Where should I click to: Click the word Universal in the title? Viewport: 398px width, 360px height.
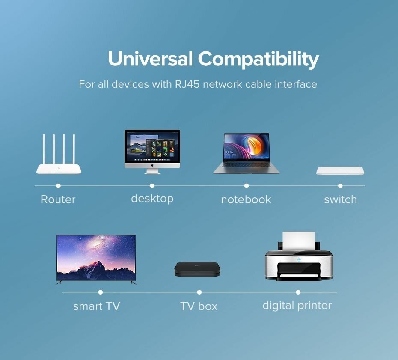point(150,59)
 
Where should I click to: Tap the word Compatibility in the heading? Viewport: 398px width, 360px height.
point(258,60)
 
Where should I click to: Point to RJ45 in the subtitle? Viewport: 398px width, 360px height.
point(187,84)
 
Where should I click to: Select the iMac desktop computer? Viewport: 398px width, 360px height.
point(152,152)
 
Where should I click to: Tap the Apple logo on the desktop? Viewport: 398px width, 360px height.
point(152,165)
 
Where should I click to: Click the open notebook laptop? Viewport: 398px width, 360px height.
point(246,153)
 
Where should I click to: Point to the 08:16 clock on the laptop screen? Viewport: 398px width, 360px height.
point(229,152)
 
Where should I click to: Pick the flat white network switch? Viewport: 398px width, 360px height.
point(340,171)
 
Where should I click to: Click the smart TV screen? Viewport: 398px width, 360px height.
point(96,257)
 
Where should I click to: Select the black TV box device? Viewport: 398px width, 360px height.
point(197,269)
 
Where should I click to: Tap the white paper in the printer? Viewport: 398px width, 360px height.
point(299,241)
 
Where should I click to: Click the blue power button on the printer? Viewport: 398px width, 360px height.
point(299,260)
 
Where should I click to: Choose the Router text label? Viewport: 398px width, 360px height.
point(58,199)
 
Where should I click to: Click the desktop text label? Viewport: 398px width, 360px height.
point(152,199)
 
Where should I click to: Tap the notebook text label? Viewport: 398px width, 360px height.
point(246,199)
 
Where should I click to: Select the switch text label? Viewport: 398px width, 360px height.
point(340,199)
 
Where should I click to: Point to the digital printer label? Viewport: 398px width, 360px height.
point(297,305)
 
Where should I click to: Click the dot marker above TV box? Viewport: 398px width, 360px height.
point(199,292)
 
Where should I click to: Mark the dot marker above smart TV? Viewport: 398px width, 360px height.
point(101,292)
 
